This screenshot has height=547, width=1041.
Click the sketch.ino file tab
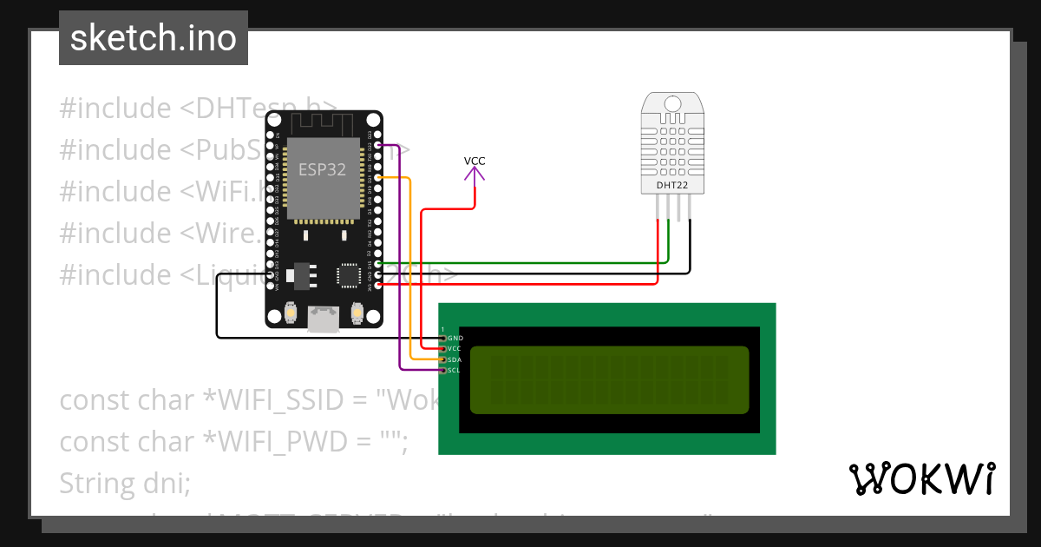(153, 38)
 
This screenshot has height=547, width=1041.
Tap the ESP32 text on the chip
(322, 169)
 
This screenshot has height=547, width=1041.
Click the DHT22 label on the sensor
(672, 185)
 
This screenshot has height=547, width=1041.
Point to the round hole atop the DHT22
(672, 104)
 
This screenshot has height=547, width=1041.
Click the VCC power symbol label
(475, 161)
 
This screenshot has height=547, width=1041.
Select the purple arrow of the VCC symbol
(475, 174)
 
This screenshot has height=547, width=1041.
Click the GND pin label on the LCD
(455, 338)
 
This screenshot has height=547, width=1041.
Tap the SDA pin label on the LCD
(455, 359)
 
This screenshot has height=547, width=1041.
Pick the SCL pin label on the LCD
(454, 371)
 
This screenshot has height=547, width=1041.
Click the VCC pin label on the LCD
(455, 348)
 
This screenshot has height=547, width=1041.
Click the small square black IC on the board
(349, 275)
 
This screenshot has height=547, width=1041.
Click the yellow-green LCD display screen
(609, 379)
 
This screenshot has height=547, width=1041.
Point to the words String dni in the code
(125, 483)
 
